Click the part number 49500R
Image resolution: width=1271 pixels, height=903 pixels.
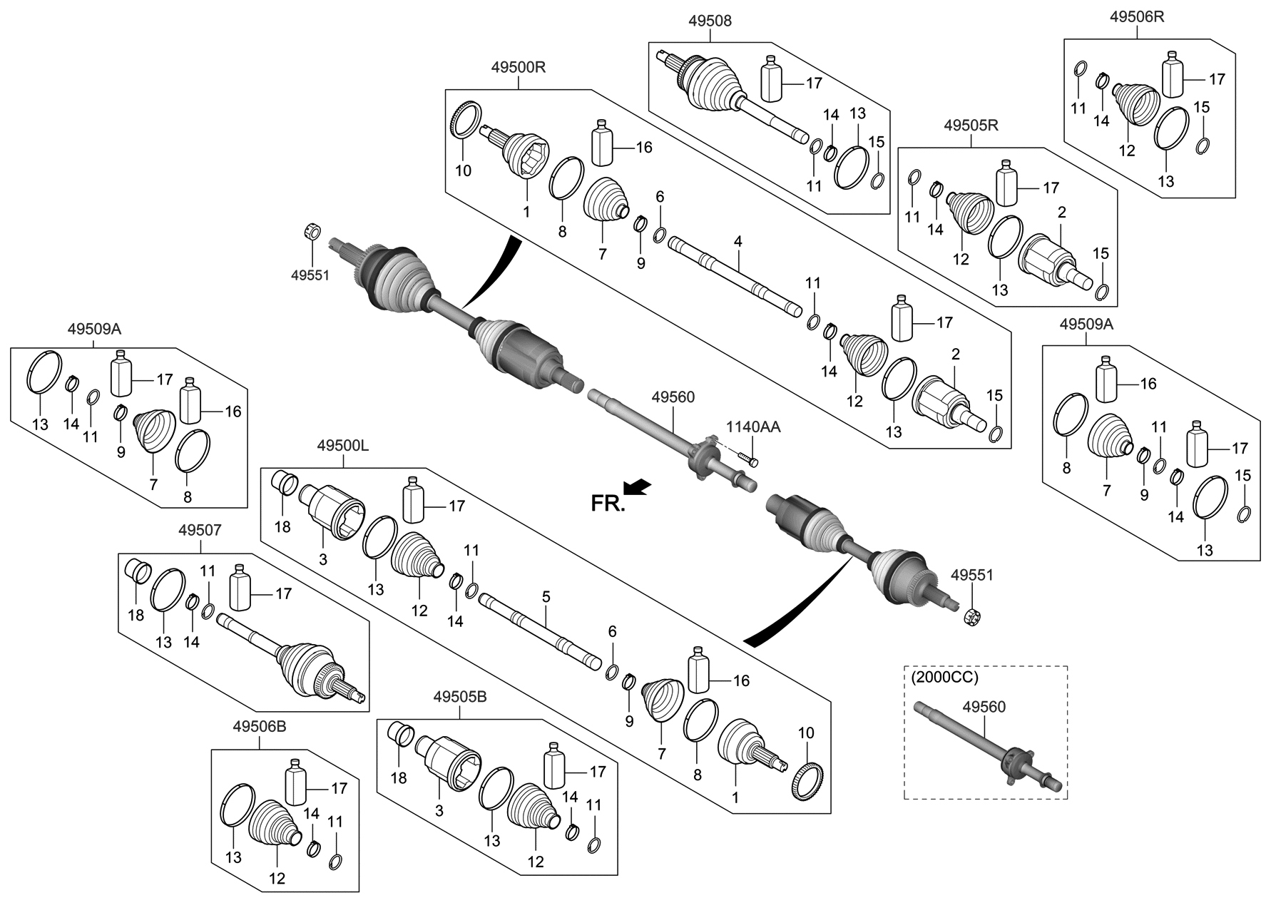pyautogui.click(x=518, y=68)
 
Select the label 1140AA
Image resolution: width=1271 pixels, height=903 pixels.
pyautogui.click(x=753, y=427)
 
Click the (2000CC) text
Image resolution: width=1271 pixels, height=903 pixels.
pyautogui.click(x=944, y=678)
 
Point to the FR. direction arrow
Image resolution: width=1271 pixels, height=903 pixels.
pyautogui.click(x=636, y=486)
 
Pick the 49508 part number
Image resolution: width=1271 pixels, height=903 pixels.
pyautogui.click(x=710, y=21)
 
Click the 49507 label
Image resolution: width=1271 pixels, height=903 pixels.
pyautogui.click(x=200, y=530)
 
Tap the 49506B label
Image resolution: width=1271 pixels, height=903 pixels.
pyautogui.click(x=259, y=727)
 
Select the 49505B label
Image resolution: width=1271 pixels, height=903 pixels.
pyautogui.click(x=460, y=697)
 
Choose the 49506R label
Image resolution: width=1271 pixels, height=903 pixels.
pyautogui.click(x=1137, y=16)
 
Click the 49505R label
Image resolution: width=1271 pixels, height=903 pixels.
pyautogui.click(x=971, y=126)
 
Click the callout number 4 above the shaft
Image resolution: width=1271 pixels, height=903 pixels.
pyautogui.click(x=738, y=242)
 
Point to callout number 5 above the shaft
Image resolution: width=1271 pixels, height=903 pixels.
pyautogui.click(x=546, y=596)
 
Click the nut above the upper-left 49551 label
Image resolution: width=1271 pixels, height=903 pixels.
pyautogui.click(x=311, y=230)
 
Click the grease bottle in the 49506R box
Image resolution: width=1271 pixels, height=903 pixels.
pyautogui.click(x=1173, y=74)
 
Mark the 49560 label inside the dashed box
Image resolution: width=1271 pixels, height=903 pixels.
pyautogui.click(x=984, y=707)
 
